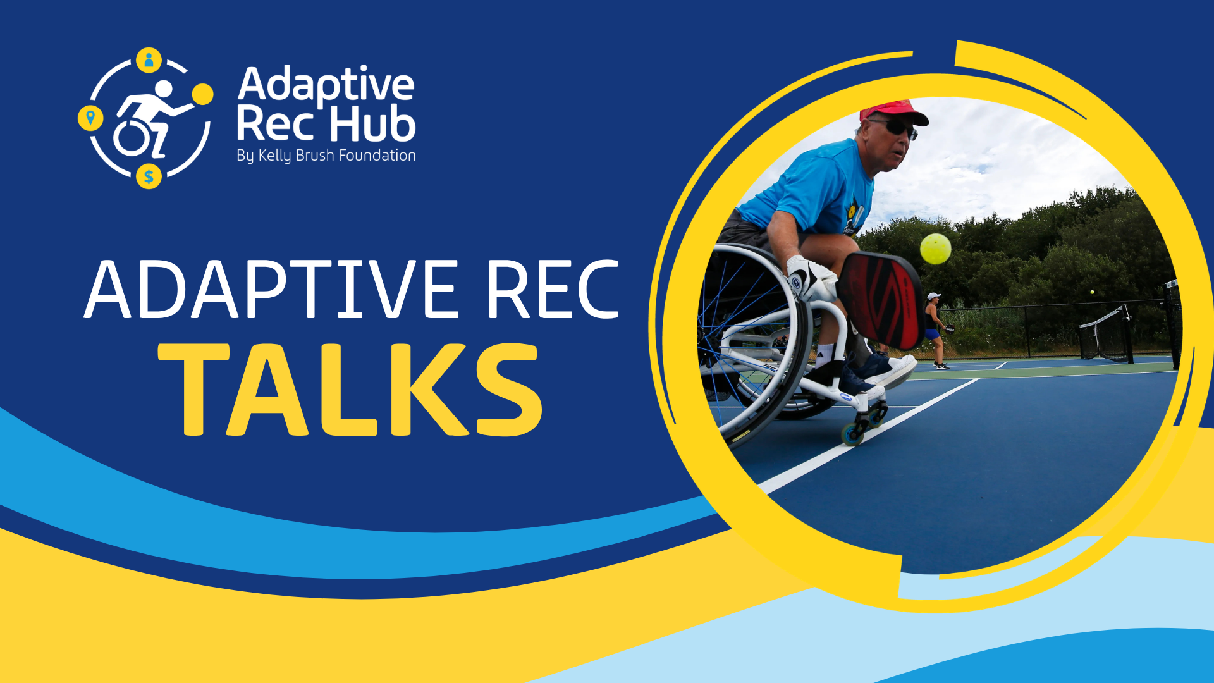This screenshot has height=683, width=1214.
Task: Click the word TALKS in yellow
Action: [x=350, y=390]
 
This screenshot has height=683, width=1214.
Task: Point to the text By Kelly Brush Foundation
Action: [x=326, y=156]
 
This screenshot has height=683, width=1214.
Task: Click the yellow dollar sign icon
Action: [x=149, y=176]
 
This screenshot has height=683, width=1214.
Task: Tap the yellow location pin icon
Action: [x=90, y=118]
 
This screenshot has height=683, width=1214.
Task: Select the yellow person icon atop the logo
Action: [x=149, y=60]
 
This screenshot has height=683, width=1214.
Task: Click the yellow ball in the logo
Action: [x=202, y=94]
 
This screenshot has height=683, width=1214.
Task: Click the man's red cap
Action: [x=893, y=112]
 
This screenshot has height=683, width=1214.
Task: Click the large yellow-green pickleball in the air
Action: [x=935, y=249]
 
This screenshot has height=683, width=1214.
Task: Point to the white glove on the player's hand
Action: [x=811, y=279]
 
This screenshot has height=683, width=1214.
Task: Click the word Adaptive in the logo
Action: [x=326, y=85]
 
